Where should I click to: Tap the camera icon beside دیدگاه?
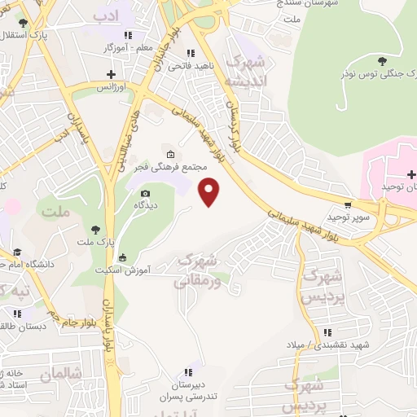click(x=145, y=193)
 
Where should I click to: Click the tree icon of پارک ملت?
click(x=96, y=229)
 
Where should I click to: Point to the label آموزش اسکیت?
click(x=96, y=269)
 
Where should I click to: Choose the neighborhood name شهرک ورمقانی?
click(x=198, y=271)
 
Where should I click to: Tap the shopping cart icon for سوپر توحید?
click(x=349, y=205)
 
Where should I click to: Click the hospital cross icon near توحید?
click(x=412, y=174)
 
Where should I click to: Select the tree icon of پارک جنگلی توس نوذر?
click(x=382, y=60)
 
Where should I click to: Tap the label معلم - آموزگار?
click(x=129, y=48)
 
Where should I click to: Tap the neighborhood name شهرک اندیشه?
click(x=248, y=71)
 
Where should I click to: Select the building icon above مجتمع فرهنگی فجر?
click(x=170, y=154)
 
